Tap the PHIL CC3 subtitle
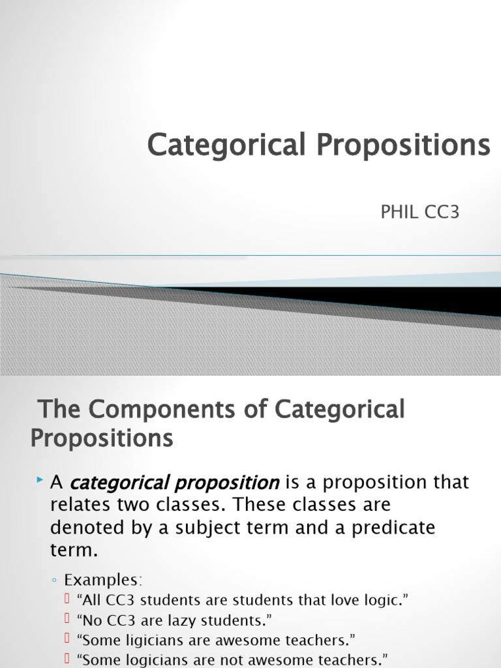(420, 213)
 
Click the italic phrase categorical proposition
(174, 483)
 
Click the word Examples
(102, 580)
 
